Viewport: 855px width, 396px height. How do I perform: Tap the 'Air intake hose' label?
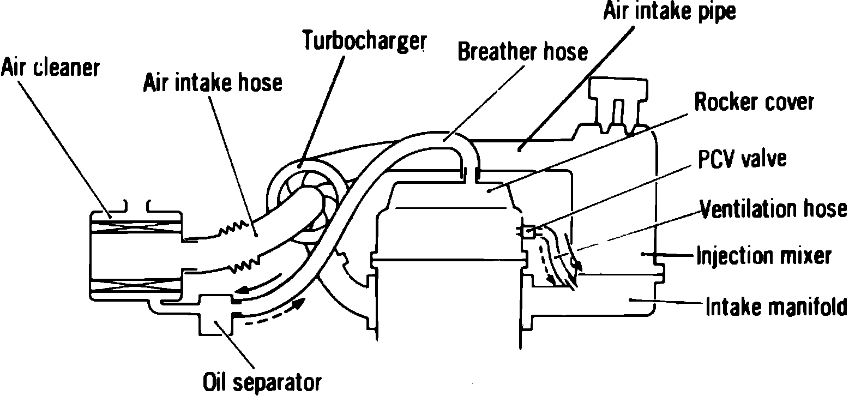(213, 83)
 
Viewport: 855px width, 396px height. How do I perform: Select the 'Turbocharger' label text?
(364, 40)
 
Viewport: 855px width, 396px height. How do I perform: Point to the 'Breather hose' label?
(522, 52)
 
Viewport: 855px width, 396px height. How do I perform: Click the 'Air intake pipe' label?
(669, 12)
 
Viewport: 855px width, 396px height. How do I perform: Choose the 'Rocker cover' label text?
(754, 102)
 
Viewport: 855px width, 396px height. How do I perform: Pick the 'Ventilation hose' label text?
(773, 208)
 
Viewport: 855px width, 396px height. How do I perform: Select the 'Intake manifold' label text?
(776, 307)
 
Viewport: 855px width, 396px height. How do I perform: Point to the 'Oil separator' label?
(262, 381)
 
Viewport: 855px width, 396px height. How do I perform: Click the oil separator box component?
(216, 314)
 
